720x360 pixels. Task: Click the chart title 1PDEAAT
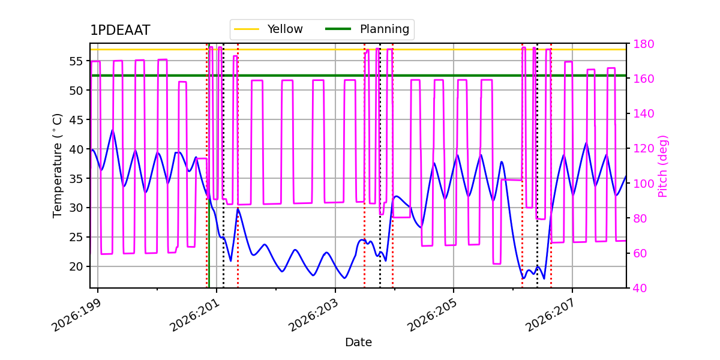(120, 30)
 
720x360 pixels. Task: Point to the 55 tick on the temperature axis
(76, 61)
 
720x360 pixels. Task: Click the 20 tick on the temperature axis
(76, 266)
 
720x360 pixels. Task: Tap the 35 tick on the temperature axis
(76, 178)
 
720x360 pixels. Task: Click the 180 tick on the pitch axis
(643, 44)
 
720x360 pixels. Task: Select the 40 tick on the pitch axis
(640, 288)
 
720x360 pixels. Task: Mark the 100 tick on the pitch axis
(643, 184)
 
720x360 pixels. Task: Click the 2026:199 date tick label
(77, 316)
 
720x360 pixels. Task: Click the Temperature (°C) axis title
(57, 166)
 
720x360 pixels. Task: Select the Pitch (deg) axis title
(663, 166)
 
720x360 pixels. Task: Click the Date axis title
(358, 343)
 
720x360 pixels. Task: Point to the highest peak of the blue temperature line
(112, 130)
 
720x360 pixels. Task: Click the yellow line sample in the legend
(247, 29)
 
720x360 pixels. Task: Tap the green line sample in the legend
(338, 29)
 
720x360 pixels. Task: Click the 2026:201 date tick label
(196, 316)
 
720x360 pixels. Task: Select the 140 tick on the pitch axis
(643, 113)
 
